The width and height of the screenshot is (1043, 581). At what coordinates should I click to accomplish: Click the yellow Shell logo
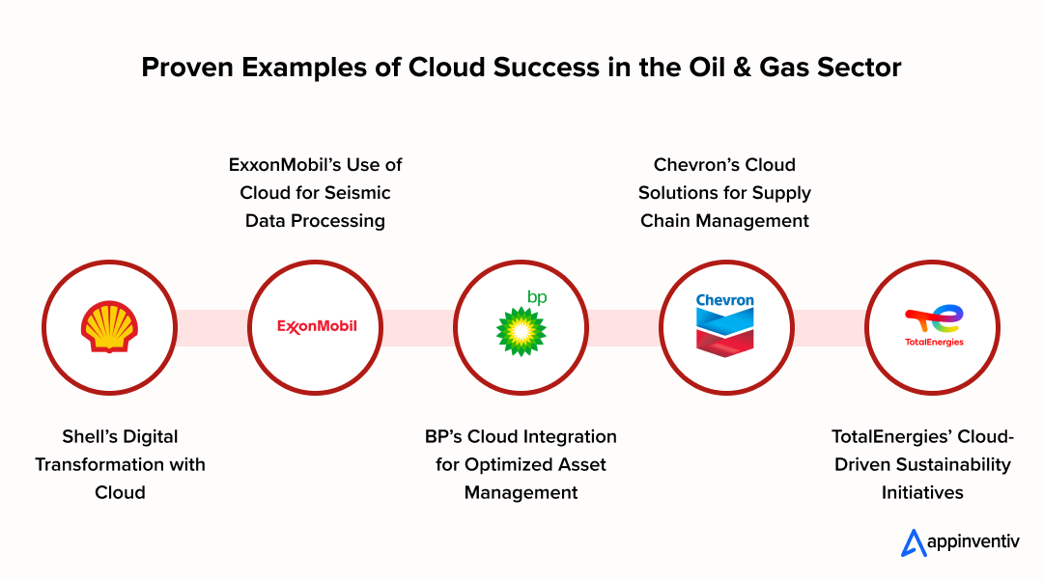click(110, 326)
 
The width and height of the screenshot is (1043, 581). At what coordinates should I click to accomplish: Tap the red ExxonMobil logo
click(317, 326)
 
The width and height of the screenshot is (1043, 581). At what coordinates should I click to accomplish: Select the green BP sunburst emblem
click(521, 331)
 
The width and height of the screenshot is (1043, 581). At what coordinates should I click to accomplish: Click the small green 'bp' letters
click(537, 297)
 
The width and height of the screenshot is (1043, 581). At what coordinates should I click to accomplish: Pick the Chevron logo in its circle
click(725, 325)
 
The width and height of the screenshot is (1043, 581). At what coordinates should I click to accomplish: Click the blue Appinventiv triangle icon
click(914, 543)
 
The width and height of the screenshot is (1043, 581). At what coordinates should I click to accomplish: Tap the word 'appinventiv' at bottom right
click(973, 541)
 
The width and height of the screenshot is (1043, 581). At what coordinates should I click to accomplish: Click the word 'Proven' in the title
click(187, 68)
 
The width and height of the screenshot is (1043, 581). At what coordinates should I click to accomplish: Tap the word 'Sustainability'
click(956, 464)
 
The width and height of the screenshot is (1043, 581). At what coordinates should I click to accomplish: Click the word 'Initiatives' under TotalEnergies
click(922, 492)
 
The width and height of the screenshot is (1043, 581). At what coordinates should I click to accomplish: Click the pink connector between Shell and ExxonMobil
click(212, 328)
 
